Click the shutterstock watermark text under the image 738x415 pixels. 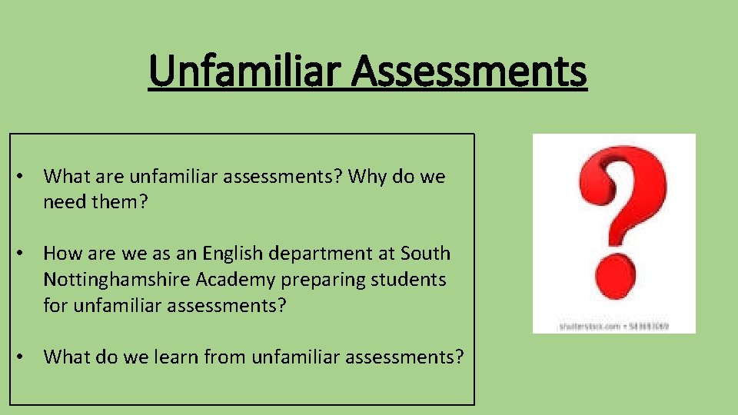(613, 327)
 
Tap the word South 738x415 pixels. (427, 254)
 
